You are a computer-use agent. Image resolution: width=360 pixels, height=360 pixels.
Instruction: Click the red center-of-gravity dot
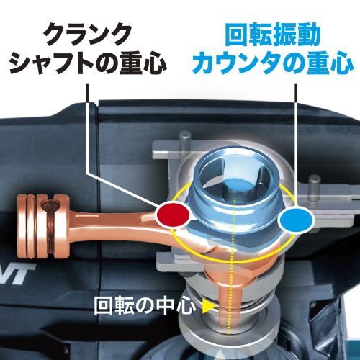[173, 215]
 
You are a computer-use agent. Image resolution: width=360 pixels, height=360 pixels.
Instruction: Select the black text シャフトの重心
[88, 63]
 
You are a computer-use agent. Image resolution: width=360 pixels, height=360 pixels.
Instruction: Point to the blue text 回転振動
[273, 35]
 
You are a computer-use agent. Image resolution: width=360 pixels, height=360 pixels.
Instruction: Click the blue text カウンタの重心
[273, 63]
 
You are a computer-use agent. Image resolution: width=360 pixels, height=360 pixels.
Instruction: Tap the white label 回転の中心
[145, 305]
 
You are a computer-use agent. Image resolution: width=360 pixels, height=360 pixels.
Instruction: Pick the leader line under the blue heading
[297, 144]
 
